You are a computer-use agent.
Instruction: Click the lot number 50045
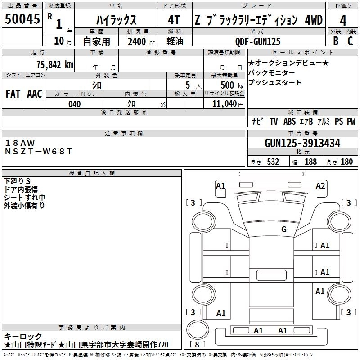pos(22,19)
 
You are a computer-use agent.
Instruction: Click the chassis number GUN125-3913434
pos(302,143)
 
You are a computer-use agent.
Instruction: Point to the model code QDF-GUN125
pos(258,41)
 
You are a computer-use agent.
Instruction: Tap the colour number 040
pos(75,104)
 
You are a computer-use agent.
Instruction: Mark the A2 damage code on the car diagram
pos(320,185)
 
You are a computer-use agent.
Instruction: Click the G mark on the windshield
pos(283,229)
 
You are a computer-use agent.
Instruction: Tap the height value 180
pos(346,162)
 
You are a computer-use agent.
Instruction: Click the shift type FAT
pos(13,94)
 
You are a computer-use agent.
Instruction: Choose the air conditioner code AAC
pos(34,94)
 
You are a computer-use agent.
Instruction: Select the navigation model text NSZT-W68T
pos(38,151)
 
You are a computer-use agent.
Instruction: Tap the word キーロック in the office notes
pos(23,336)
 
